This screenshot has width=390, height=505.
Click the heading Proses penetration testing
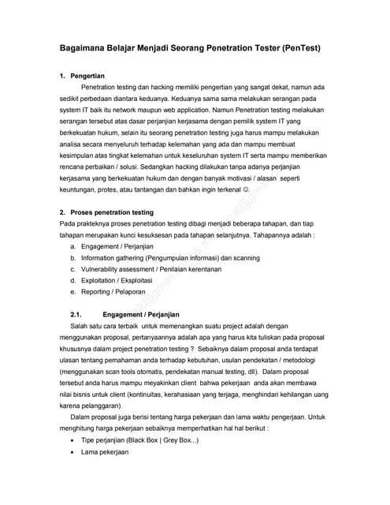coord(112,213)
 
